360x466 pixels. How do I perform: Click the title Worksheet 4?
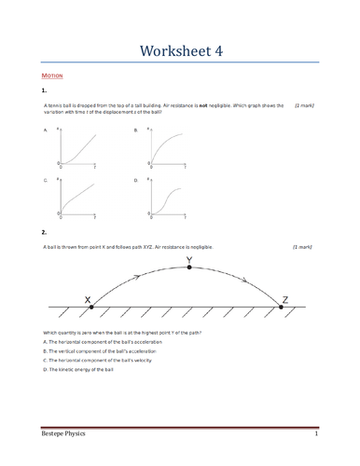coord(179,49)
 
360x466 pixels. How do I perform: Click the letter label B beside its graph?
coord(136,132)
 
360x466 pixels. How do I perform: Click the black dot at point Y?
coord(190,267)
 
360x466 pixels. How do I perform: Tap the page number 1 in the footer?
coord(316,435)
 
